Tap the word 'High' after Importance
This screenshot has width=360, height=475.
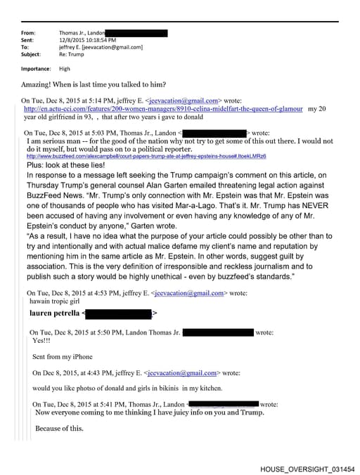click(x=65, y=69)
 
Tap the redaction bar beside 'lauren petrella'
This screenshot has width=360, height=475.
click(x=117, y=313)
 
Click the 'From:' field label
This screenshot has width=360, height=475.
click(x=28, y=33)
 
